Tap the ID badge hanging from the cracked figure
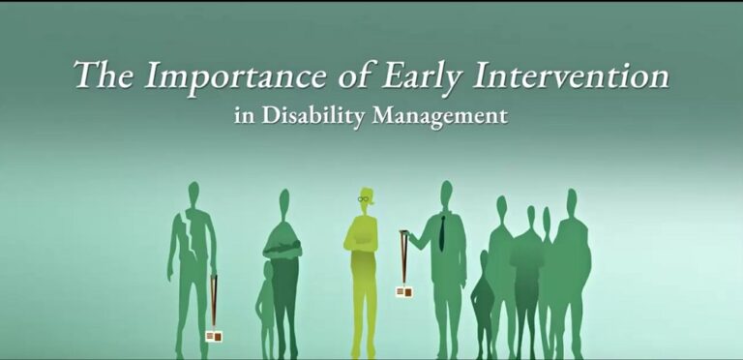(x=214, y=336)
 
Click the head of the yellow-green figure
(x=363, y=199)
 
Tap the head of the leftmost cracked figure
(x=193, y=193)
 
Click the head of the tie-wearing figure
(x=445, y=193)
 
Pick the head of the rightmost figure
(x=572, y=200)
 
